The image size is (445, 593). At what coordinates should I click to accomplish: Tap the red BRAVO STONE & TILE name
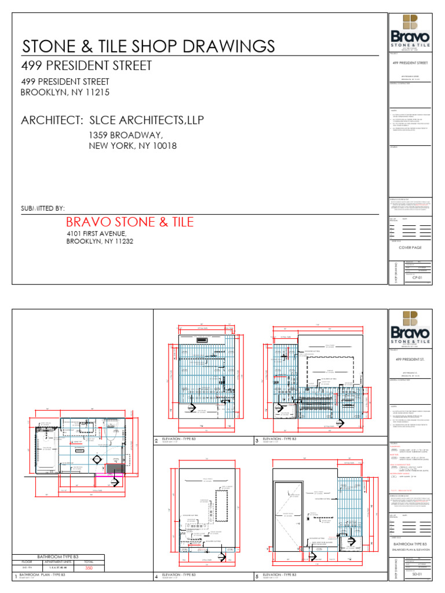point(130,222)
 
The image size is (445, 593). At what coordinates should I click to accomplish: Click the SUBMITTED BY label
point(43,208)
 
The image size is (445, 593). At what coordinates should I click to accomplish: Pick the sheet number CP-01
point(415,278)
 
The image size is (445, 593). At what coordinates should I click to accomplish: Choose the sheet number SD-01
point(415,574)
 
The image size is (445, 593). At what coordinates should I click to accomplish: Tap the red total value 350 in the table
point(89,569)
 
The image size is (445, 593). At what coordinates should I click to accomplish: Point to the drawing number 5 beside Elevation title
point(257,577)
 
